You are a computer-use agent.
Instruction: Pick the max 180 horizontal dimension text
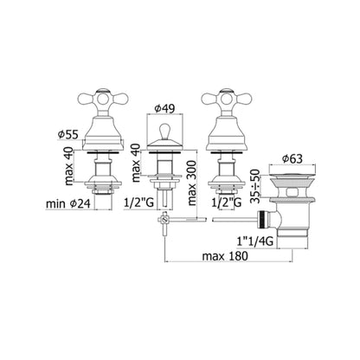click(227, 259)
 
